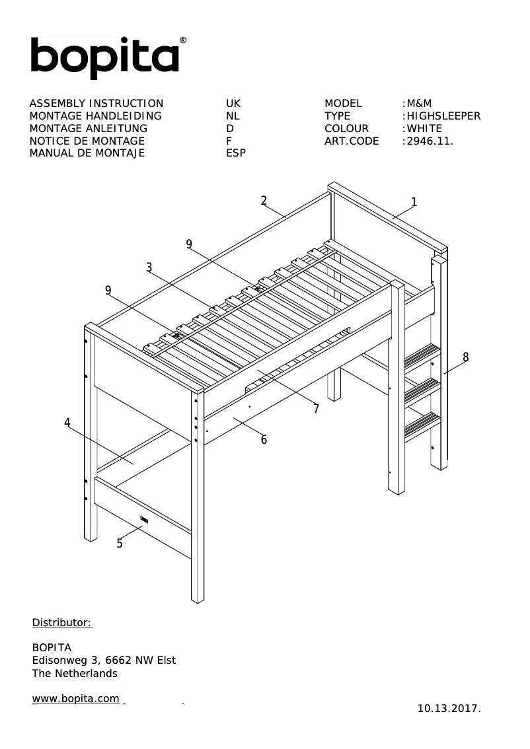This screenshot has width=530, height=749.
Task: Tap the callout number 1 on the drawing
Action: [414, 201]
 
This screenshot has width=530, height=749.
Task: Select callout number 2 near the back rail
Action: [264, 200]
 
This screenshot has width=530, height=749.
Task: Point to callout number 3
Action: [149, 267]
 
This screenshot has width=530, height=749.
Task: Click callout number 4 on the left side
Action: [67, 423]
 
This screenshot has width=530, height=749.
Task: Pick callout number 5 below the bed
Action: [120, 544]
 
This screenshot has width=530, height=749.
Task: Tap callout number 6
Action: [264, 440]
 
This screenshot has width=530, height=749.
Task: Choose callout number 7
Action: [316, 409]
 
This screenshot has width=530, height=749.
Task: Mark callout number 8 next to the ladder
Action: [465, 357]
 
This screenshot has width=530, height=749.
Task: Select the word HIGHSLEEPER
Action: [443, 116]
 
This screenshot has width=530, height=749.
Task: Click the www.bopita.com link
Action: [76, 699]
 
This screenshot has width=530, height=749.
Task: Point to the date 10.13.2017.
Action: [449, 709]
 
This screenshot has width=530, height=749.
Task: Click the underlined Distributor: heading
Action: [62, 623]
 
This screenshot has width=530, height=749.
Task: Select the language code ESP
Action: [236, 154]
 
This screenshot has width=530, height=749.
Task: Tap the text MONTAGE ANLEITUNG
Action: [89, 129]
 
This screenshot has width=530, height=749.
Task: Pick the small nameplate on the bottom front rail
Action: [144, 520]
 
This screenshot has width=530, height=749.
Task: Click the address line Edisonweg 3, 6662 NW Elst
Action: [104, 660]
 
